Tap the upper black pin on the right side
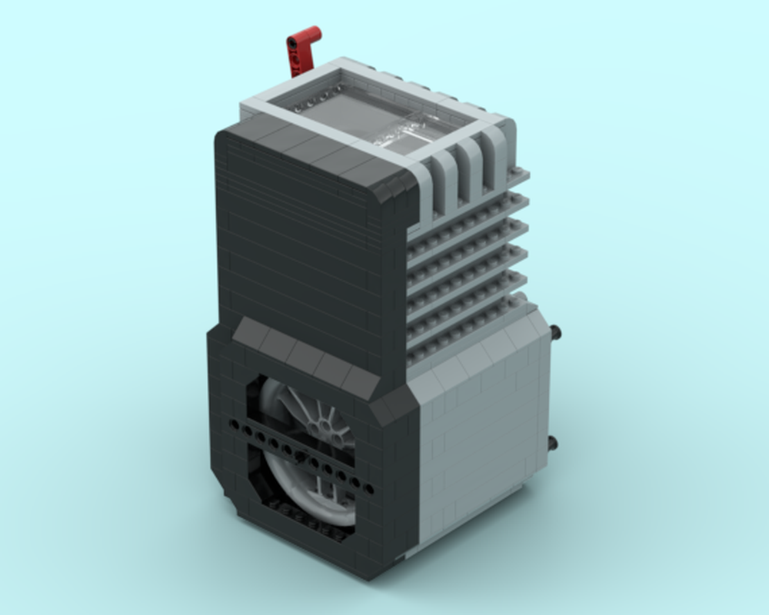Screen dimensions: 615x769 [x=556, y=332]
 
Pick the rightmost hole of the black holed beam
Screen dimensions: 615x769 [x=370, y=489]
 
